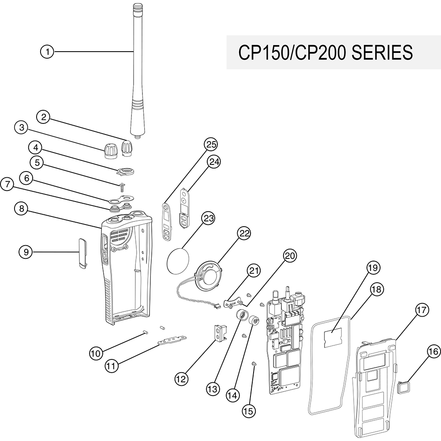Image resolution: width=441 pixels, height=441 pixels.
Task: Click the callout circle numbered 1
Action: pos(47,52)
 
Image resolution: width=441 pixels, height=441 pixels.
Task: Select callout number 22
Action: pos(244,233)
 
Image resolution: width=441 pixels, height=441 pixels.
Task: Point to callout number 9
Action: pos(26,252)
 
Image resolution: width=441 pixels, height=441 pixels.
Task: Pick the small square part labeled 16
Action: pos(403,388)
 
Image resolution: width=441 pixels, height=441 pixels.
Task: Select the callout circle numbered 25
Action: pos(211,144)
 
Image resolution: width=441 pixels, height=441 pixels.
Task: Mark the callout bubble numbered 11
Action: pos(112,366)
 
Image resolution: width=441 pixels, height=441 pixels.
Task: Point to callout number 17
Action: pos(421,310)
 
